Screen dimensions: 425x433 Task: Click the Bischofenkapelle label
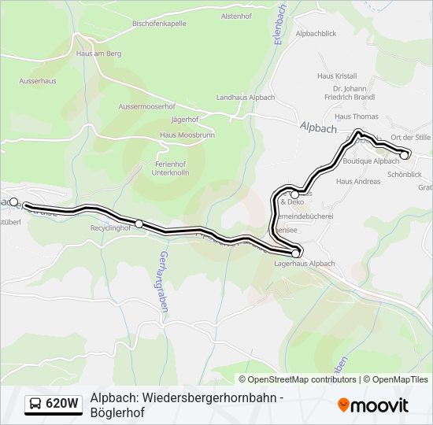[x=159, y=24]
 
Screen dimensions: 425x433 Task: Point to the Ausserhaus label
[x=37, y=80]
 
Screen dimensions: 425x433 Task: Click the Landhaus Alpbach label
[x=245, y=97]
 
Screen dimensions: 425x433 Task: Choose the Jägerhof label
[x=185, y=120]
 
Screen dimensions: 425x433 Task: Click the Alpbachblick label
[x=316, y=35]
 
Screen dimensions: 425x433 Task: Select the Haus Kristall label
[x=337, y=76]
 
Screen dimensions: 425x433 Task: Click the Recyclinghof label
[x=109, y=227]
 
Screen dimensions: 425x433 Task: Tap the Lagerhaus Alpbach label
[x=304, y=264]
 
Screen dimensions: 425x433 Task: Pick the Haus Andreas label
[x=358, y=181]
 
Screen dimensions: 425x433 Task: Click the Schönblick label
[x=404, y=174]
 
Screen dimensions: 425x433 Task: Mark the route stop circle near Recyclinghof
[x=139, y=224]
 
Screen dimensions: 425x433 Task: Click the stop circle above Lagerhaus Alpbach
[x=296, y=253]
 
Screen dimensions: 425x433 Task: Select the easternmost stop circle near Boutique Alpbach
[x=405, y=155]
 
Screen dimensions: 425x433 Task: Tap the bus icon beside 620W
[x=35, y=405]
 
